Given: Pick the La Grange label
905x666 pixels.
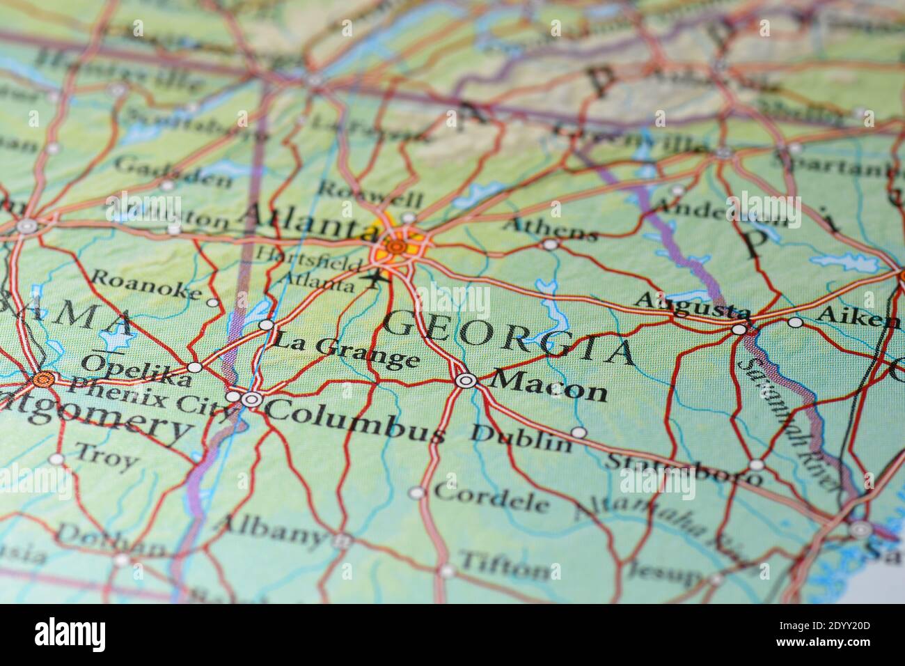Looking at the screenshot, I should coord(345,351).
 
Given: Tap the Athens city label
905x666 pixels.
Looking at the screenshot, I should coord(550,227).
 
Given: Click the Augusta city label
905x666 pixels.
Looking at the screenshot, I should coord(693,307).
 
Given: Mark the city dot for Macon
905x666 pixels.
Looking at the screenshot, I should coord(465,380).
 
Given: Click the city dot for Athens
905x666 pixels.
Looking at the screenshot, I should coord(551,244).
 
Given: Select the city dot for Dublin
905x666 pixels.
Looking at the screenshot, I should coord(579,432).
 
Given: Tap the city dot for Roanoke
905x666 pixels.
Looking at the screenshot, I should coord(213,302).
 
